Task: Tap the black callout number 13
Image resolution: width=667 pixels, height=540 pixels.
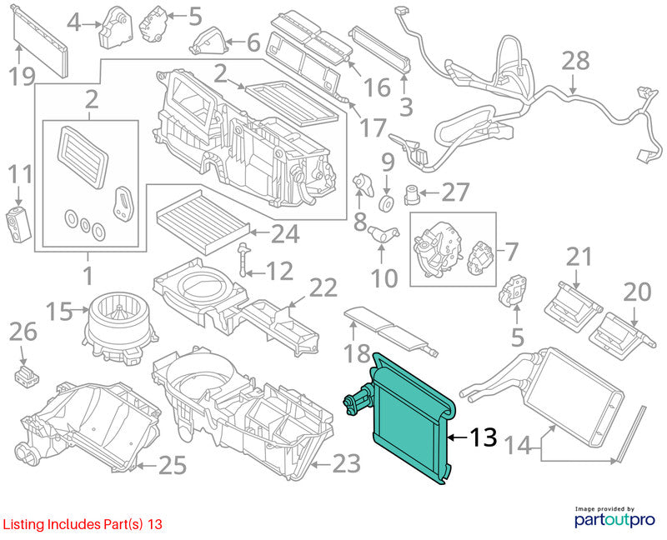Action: pyautogui.click(x=484, y=437)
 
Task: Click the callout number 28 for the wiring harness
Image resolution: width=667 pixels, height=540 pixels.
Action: pyautogui.click(x=575, y=60)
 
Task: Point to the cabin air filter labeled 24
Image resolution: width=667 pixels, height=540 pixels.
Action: pyautogui.click(x=203, y=222)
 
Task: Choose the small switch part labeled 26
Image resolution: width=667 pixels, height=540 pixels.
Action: pyautogui.click(x=27, y=375)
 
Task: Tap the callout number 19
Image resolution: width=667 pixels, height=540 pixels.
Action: pyautogui.click(x=22, y=77)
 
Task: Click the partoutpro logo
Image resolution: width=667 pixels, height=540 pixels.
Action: pyautogui.click(x=614, y=517)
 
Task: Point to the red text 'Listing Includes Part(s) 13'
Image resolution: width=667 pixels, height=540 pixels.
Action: pyautogui.click(x=83, y=524)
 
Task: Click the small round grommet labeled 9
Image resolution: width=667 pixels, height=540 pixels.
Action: pyautogui.click(x=386, y=203)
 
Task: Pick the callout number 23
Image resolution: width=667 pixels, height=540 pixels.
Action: pyautogui.click(x=347, y=463)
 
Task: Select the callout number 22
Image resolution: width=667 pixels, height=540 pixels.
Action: pyautogui.click(x=323, y=287)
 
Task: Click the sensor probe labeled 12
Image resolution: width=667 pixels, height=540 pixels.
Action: pyautogui.click(x=243, y=258)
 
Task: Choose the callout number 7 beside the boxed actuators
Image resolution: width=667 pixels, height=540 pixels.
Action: pyautogui.click(x=511, y=252)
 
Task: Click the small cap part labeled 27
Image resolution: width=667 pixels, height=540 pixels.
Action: pyautogui.click(x=412, y=195)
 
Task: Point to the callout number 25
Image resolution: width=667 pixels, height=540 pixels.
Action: pyautogui.click(x=173, y=465)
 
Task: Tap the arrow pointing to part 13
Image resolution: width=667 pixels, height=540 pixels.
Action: pyautogui.click(x=457, y=437)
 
